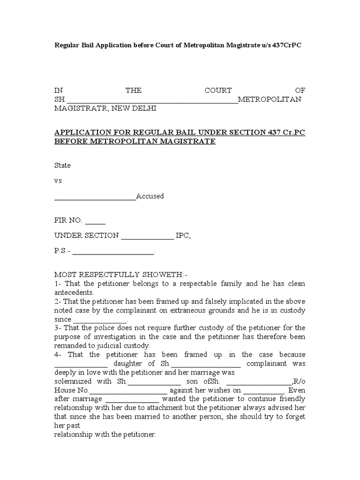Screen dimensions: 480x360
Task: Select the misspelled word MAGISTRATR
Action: [x=80, y=108]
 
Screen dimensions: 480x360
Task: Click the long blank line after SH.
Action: [x=153, y=100]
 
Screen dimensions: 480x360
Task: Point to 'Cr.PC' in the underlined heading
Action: [x=294, y=132]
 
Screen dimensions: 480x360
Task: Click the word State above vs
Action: [x=62, y=165]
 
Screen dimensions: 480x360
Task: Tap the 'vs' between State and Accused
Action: [x=58, y=180]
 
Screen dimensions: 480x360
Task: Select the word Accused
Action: [x=150, y=196]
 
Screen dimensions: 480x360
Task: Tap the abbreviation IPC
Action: [x=183, y=235]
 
